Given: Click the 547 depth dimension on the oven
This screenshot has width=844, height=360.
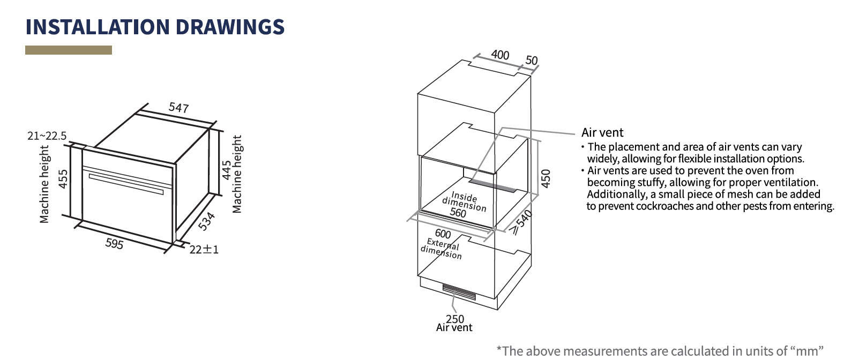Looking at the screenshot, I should tap(178, 108).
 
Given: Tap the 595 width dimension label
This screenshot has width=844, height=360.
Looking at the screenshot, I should tap(114, 244).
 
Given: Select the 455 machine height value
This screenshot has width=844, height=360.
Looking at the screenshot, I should tap(63, 179).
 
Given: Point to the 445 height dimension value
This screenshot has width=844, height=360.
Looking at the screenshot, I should tap(227, 170).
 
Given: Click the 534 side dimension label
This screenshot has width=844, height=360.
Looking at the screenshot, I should tap(207, 221).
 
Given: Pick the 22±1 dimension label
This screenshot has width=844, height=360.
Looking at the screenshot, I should tap(204, 250).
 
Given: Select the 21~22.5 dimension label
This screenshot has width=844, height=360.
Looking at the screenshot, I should tap(47, 136).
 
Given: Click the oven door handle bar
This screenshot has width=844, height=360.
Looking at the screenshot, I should tap(126, 184).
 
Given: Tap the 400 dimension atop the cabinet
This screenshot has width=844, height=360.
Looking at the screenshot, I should tap(500, 55).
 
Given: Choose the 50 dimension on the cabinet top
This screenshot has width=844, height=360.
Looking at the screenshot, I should tap(531, 60).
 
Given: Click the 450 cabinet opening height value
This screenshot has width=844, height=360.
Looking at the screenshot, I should tap(546, 178).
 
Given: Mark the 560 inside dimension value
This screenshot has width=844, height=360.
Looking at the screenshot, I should tap(458, 213).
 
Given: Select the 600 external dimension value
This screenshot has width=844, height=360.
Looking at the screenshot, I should tap(443, 234).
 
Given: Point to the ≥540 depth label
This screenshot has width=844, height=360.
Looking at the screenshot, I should tap(521, 222).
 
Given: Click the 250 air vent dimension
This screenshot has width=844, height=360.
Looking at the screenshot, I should tap(455, 319).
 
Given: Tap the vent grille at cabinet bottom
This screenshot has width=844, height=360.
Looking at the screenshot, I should tap(459, 292).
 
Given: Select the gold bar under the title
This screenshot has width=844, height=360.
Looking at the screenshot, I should tap(69, 50).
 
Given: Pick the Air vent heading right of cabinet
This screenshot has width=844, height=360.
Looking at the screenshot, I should tap(602, 132).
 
